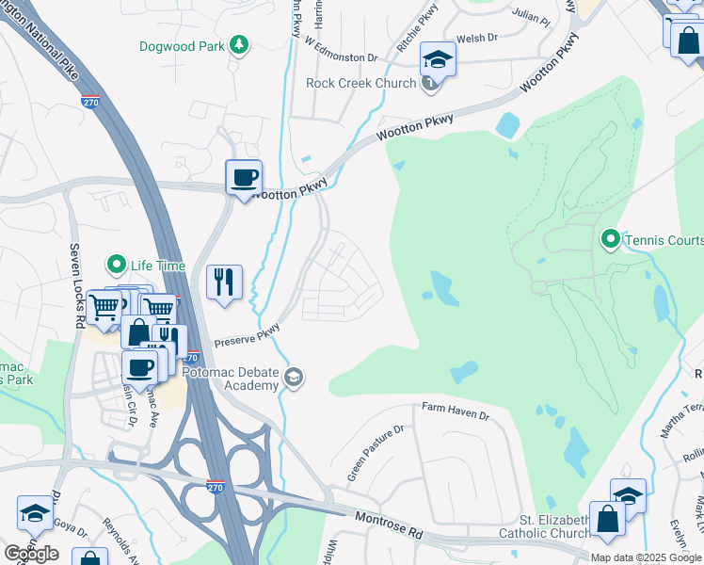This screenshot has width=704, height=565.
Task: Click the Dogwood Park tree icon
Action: tap(240, 44)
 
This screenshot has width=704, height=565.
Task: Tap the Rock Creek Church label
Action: tap(360, 83)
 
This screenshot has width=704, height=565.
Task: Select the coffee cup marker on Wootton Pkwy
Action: tap(244, 178)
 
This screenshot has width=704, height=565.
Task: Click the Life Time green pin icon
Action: tap(117, 265)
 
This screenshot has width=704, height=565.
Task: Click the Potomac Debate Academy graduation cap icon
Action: tap(295, 378)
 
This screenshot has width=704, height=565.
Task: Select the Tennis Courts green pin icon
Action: tap(610, 240)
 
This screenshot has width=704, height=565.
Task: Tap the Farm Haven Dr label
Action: tap(456, 413)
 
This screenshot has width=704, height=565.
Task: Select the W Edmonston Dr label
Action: tap(340, 50)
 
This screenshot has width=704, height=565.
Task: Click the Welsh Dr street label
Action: tap(475, 39)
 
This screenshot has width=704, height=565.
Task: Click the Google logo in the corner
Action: tap(31, 554)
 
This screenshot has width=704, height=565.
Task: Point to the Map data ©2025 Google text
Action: tap(646, 557)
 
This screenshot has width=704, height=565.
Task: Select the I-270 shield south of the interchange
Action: tap(216, 485)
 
